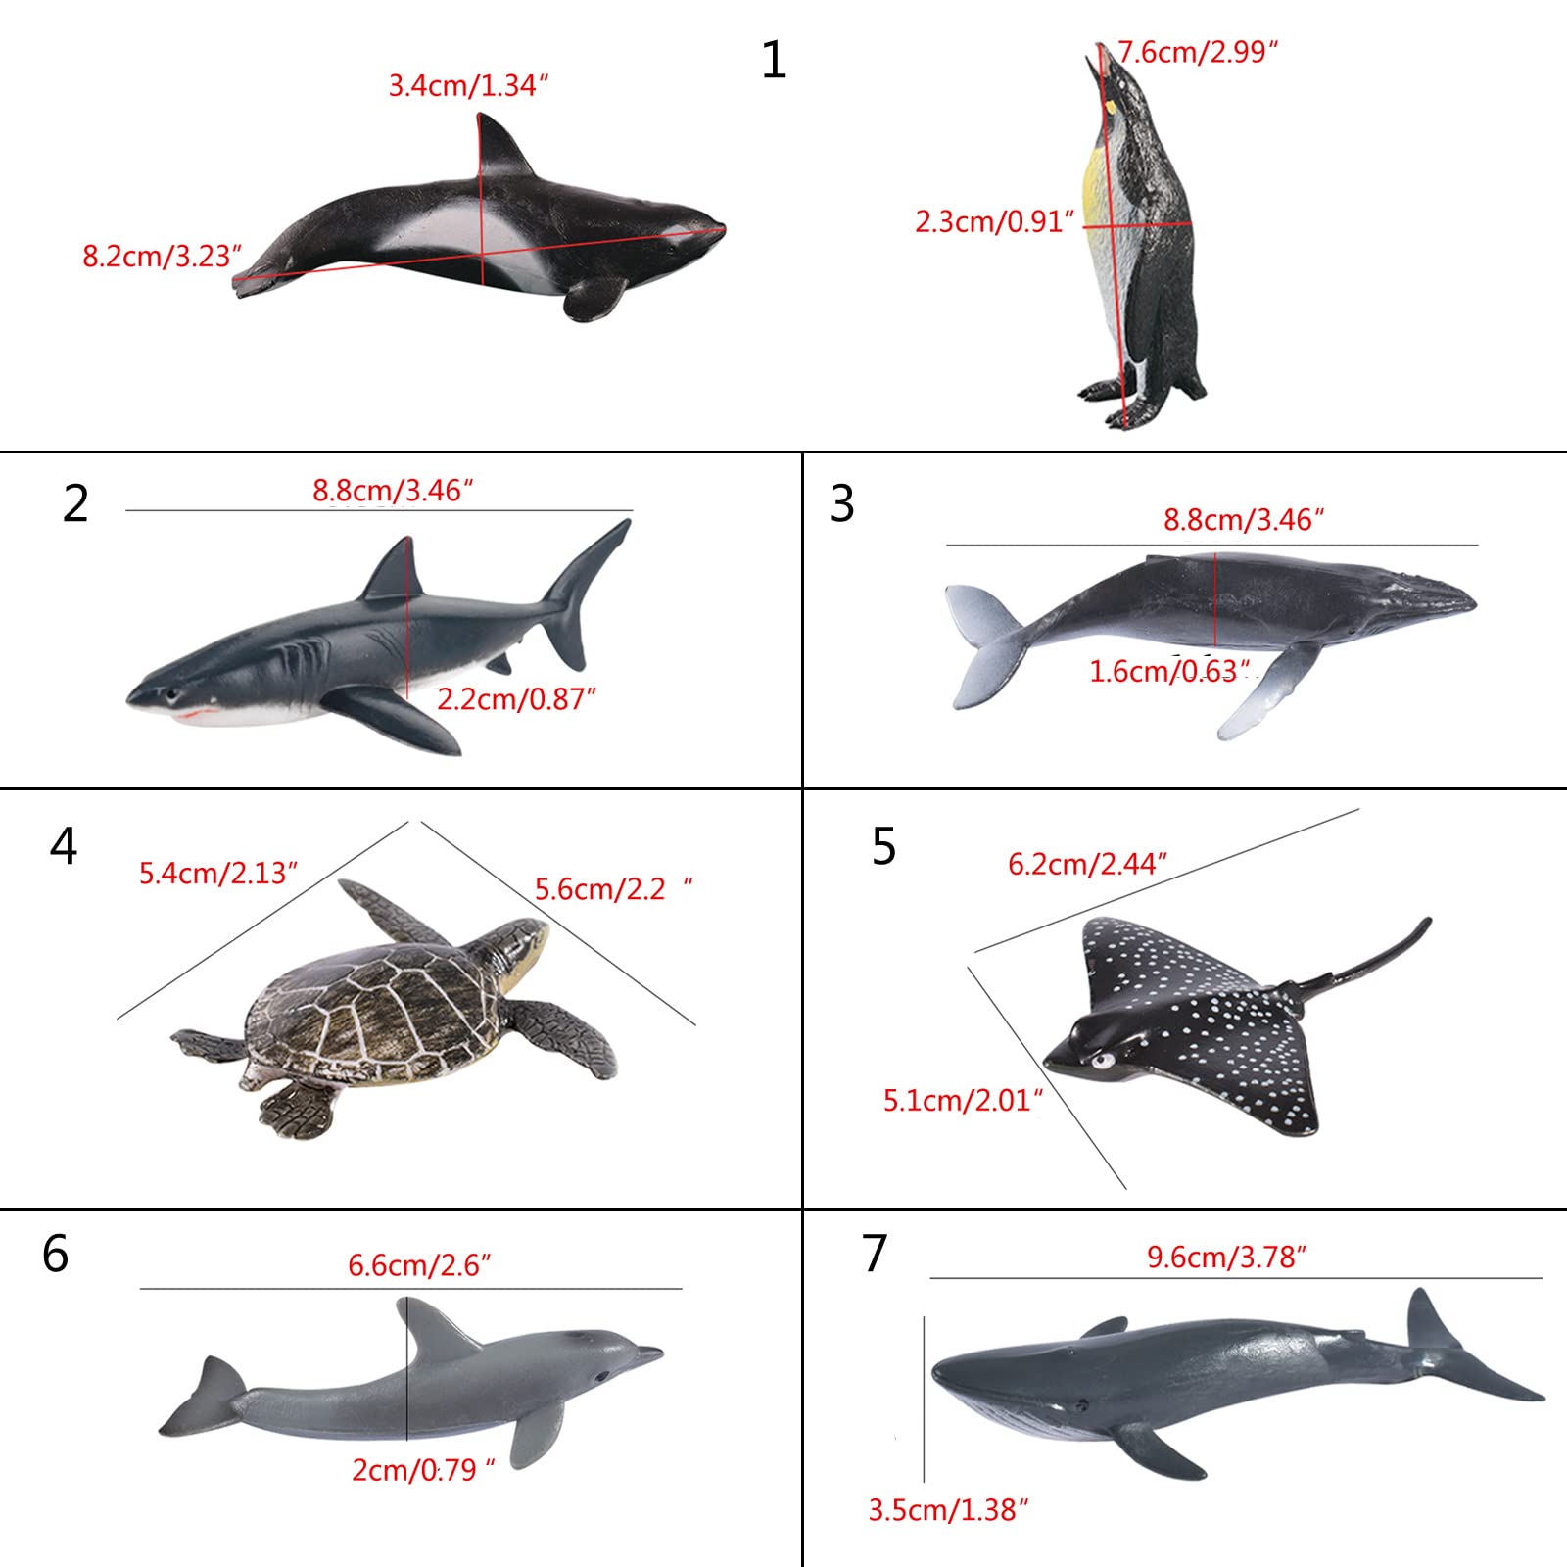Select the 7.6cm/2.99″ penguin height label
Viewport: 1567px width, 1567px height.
coord(1198,52)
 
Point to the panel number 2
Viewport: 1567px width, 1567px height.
coord(75,504)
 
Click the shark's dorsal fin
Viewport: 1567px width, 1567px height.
coord(392,572)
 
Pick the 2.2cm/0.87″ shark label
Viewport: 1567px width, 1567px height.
coord(516,699)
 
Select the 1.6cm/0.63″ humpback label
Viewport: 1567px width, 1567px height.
coord(1169,671)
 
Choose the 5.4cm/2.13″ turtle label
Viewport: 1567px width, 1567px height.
coord(217,873)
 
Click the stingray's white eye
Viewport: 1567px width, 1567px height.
coord(1104,1060)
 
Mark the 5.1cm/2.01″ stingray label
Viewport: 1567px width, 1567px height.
coord(963,1101)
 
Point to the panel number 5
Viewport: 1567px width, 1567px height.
coord(883,847)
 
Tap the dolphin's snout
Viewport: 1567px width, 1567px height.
coord(646,1355)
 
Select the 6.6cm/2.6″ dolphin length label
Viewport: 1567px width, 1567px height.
coord(419,1265)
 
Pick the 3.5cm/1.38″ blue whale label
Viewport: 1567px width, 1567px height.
coord(948,1510)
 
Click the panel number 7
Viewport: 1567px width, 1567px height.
coord(875,1254)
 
